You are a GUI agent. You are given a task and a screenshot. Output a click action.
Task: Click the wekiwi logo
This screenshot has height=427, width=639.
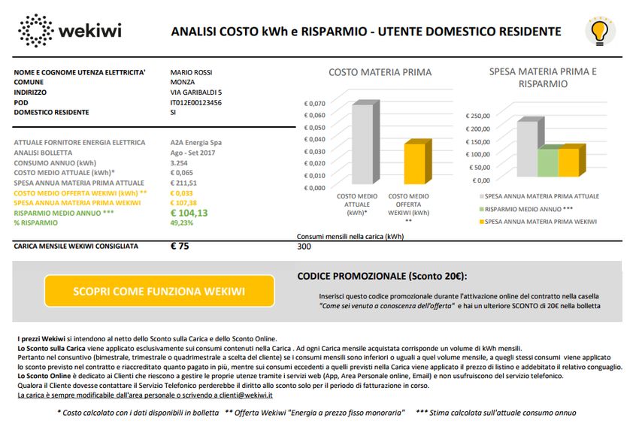click(70, 31)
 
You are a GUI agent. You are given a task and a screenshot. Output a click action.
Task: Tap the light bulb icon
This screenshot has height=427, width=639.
click(599, 31)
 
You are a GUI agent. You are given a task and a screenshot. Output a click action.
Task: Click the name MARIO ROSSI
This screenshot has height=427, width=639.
click(191, 73)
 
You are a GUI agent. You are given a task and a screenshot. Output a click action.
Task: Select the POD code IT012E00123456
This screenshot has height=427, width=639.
click(196, 102)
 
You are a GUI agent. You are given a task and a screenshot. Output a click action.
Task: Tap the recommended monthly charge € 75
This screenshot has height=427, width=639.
click(180, 246)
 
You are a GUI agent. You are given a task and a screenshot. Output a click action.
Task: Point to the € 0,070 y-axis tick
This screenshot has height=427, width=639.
click(314, 103)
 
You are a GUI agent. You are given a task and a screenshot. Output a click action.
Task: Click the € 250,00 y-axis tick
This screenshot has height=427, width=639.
click(478, 116)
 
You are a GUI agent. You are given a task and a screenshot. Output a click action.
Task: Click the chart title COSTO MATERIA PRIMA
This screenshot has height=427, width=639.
click(380, 72)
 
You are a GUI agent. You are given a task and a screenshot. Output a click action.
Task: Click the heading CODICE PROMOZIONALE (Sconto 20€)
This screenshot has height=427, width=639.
click(382, 276)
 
